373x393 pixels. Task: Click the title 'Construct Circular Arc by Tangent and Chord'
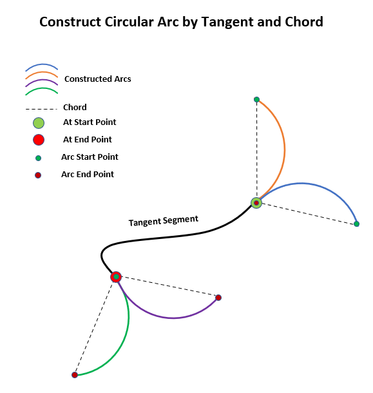click(x=181, y=23)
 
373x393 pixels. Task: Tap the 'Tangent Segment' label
click(x=163, y=221)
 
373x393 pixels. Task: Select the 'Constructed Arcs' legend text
click(x=98, y=79)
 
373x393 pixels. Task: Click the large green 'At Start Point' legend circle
click(x=38, y=123)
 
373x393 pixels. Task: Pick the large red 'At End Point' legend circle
click(x=38, y=140)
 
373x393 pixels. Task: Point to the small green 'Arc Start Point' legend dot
click(x=38, y=158)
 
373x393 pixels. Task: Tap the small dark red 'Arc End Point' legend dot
click(x=38, y=175)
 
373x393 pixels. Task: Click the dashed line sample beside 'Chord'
click(x=41, y=108)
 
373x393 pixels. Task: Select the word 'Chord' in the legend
click(x=75, y=108)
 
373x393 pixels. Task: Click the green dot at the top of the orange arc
click(x=256, y=99)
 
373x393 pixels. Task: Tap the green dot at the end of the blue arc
click(x=356, y=224)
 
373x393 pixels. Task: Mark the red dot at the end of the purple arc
click(x=218, y=298)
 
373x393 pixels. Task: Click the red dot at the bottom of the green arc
click(x=75, y=375)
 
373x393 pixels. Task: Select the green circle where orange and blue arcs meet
click(x=256, y=203)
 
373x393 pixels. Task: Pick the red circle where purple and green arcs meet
click(x=116, y=277)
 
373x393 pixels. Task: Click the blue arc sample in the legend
click(x=42, y=66)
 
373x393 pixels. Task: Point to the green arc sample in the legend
click(x=42, y=91)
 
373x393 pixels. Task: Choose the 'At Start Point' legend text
click(x=90, y=122)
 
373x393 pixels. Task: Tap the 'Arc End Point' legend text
click(x=88, y=174)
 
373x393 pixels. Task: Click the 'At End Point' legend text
click(x=88, y=139)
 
